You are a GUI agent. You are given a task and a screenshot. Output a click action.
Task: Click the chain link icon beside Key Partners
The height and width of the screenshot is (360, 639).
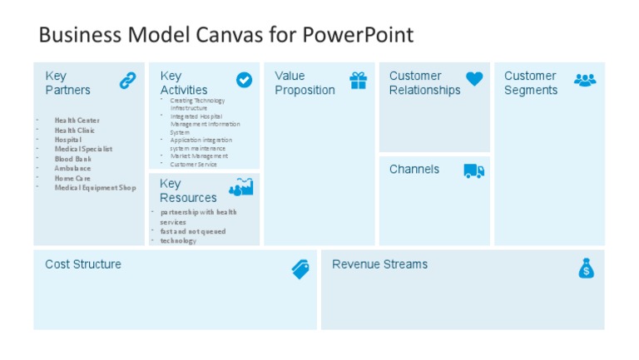pyautogui.click(x=127, y=81)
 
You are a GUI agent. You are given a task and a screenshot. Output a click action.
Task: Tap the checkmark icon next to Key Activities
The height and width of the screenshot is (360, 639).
pyautogui.click(x=244, y=80)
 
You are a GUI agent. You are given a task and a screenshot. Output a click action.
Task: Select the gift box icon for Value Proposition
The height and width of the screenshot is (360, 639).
pyautogui.click(x=359, y=80)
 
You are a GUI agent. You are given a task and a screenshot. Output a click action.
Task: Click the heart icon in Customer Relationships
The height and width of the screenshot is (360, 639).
pyautogui.click(x=473, y=79)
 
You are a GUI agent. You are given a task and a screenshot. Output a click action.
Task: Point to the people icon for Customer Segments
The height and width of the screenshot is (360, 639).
pyautogui.click(x=585, y=80)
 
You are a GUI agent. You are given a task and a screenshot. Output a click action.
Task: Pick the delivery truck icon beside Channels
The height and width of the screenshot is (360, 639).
pyautogui.click(x=474, y=170)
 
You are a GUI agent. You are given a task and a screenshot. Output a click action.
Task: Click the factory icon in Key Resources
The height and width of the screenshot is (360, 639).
pyautogui.click(x=240, y=187)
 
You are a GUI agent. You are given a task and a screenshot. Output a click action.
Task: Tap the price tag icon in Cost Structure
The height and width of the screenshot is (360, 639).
pyautogui.click(x=300, y=269)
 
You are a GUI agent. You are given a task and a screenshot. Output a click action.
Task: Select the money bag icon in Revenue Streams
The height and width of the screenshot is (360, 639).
pyautogui.click(x=587, y=268)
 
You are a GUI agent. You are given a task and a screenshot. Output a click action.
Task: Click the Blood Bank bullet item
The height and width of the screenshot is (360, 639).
pyautogui.click(x=73, y=159)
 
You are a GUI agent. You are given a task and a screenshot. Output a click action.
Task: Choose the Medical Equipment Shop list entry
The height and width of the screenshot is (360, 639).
pyautogui.click(x=95, y=188)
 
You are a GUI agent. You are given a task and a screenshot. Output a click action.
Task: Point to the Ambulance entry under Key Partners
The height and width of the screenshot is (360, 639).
pyautogui.click(x=73, y=169)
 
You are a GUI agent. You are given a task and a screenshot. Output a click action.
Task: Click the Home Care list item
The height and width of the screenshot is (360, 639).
pyautogui.click(x=72, y=178)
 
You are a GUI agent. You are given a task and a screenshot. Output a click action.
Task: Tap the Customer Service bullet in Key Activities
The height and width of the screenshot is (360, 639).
pyautogui.click(x=193, y=165)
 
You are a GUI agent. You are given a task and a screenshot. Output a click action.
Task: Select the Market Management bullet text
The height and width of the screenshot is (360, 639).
pyautogui.click(x=198, y=156)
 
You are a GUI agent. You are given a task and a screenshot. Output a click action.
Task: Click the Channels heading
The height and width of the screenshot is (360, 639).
pyautogui.click(x=414, y=170)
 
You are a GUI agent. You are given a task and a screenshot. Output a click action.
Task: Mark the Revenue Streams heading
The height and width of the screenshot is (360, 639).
pyautogui.click(x=379, y=264)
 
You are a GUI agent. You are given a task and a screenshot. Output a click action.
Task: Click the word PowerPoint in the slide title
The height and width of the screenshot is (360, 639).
pyautogui.click(x=358, y=35)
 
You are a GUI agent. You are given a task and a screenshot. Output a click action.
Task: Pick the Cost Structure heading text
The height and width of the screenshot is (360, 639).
pyautogui.click(x=83, y=264)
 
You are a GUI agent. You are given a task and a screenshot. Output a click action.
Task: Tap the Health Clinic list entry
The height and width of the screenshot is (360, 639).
pyautogui.click(x=75, y=131)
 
